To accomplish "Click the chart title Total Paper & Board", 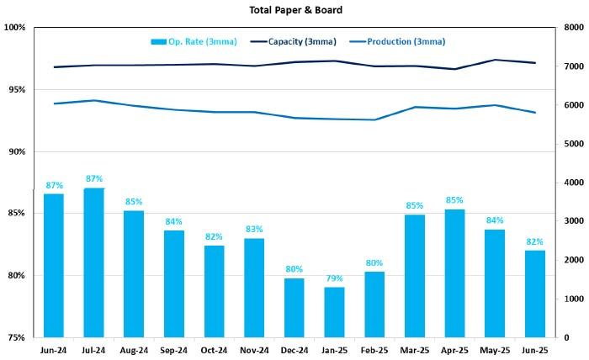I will click(294, 10).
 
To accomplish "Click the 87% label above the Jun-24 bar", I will click(54, 185).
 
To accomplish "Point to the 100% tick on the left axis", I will click(15, 28).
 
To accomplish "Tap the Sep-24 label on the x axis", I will click(174, 350).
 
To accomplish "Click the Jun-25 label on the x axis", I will click(535, 350).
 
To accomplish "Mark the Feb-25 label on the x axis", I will click(374, 350).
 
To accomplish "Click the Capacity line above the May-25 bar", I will click(495, 60).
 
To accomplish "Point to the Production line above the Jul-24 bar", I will click(94, 100).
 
